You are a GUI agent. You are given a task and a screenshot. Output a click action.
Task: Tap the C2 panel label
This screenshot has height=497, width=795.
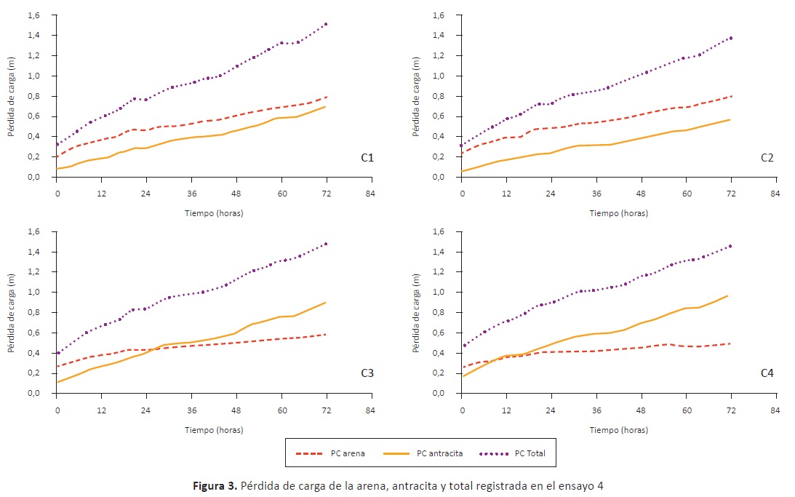coord(767,156)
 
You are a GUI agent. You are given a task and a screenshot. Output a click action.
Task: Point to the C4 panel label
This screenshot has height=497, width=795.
coord(767,373)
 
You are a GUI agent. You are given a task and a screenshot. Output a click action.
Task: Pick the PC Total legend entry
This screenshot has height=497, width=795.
coord(509,453)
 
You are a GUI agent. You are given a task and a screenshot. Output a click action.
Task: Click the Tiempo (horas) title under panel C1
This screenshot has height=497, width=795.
coord(214,213)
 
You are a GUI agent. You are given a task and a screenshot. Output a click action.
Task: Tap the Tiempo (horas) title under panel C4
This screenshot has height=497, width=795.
coord(618,430)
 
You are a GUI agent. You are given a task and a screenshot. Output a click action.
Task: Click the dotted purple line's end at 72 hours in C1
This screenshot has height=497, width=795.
coord(327,24)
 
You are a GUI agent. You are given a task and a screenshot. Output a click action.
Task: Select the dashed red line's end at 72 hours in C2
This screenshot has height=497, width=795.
coord(731,96)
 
